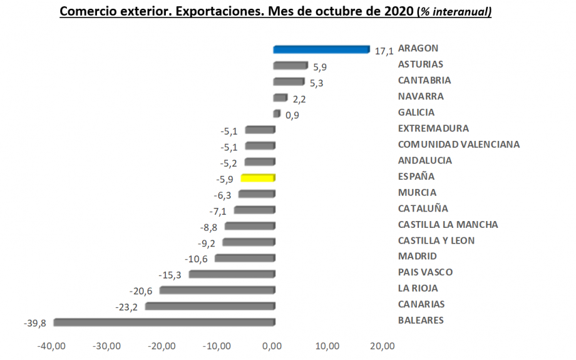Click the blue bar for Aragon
coord(321,49)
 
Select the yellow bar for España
coord(258,178)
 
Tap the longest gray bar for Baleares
coord(164,322)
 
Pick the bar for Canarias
coord(210,306)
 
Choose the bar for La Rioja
coord(217,290)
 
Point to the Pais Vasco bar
coord(232,274)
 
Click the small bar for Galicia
coord(277,114)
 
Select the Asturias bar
coord(291,66)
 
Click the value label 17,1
coord(384,51)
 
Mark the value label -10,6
coord(197,259)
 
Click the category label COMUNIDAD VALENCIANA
coord(459,145)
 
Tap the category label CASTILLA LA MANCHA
coord(448,225)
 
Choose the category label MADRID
coord(418,256)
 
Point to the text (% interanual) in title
coord(454,13)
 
